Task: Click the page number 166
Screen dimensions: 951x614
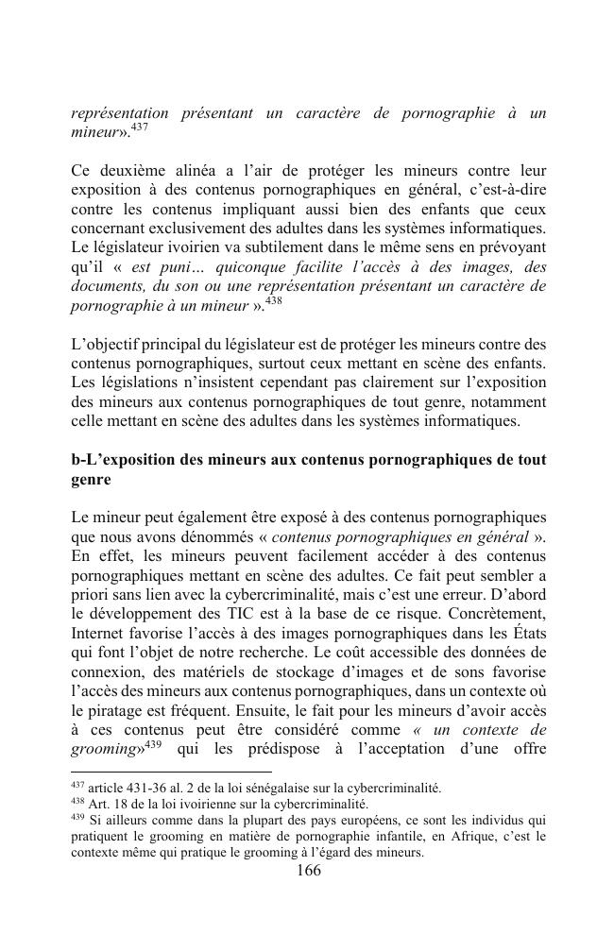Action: click(308, 871)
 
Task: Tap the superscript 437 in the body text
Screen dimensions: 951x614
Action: click(139, 127)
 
